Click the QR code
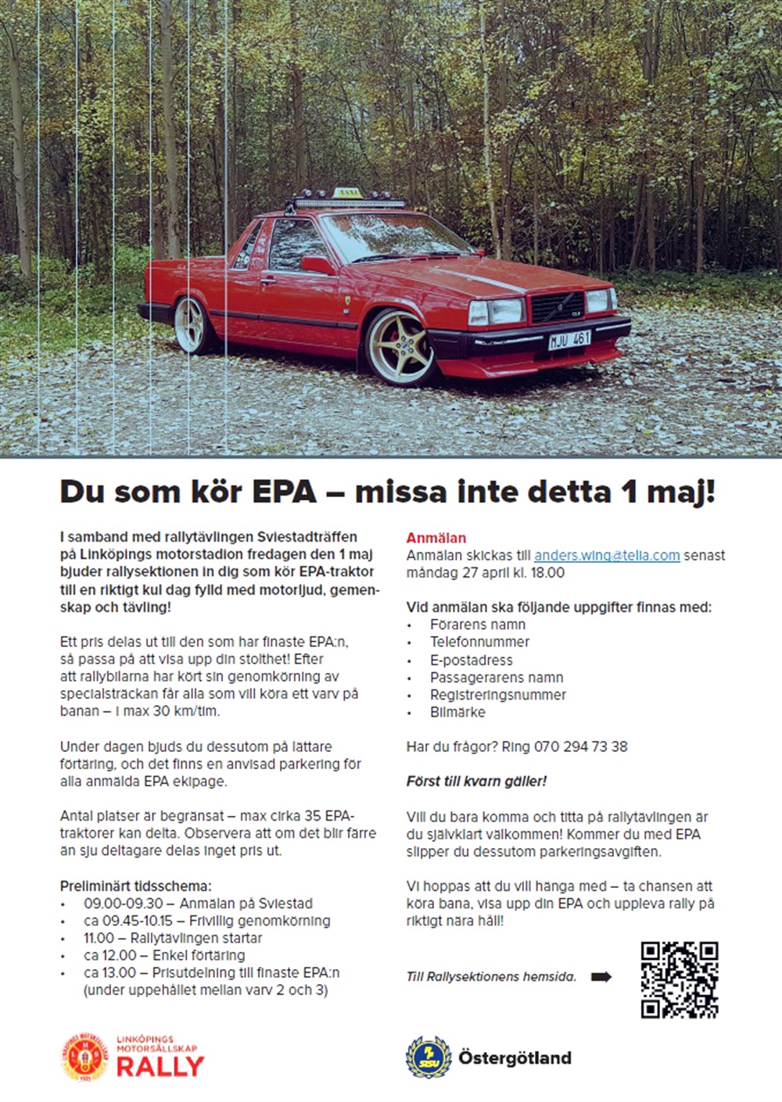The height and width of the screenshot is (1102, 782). coord(679,980)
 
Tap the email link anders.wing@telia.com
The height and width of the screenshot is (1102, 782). coord(607,556)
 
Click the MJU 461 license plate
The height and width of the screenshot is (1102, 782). coord(569,340)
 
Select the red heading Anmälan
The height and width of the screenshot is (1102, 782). coord(436,538)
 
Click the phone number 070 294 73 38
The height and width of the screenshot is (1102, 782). coord(580,746)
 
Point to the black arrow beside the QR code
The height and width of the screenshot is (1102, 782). coord(601,976)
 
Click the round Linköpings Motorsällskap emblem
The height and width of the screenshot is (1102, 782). coord(84,1057)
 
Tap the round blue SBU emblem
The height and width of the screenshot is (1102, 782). coord(428,1057)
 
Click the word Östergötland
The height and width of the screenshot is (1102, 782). coord(515,1058)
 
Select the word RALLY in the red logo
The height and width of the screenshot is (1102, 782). coord(160,1067)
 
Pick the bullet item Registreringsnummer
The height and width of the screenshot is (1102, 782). coord(497,695)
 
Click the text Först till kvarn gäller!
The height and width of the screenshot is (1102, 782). coord(476,781)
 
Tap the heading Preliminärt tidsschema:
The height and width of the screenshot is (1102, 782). coord(136,886)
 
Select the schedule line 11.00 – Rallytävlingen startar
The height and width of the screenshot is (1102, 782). coord(173,938)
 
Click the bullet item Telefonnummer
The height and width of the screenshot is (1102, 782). coord(479,642)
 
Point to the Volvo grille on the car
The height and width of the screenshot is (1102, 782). coord(557,306)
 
